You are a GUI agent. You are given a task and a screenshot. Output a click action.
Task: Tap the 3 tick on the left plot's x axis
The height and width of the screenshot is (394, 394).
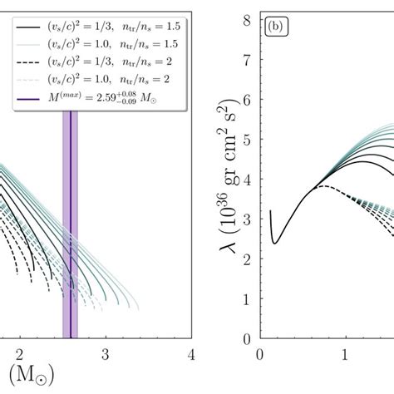[x=105, y=354]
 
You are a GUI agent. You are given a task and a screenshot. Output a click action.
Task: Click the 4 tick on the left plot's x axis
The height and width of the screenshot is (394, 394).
[x=190, y=354]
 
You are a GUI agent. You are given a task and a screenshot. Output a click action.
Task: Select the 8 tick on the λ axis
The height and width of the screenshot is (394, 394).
[x=246, y=14]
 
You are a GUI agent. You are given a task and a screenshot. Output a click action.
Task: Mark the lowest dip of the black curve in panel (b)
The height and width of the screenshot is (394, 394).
[x=274, y=243]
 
